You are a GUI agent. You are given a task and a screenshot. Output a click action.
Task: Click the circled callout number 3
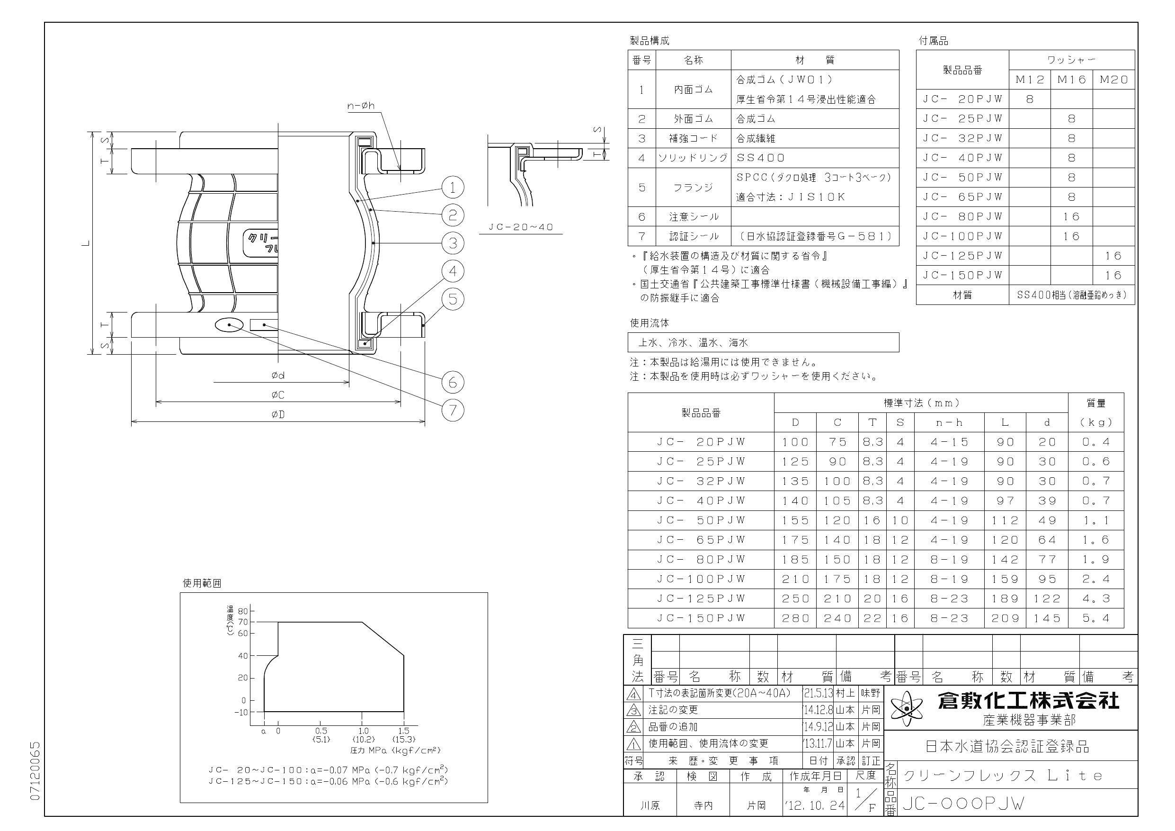click(x=453, y=243)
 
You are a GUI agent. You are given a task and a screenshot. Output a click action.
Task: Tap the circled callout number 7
click(x=453, y=410)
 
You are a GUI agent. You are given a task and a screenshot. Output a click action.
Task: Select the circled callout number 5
click(x=453, y=298)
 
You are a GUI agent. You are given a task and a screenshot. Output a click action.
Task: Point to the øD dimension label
click(x=278, y=414)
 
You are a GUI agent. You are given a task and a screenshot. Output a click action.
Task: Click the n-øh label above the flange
click(x=361, y=106)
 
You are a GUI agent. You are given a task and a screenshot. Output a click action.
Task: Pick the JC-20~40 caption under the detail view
click(x=521, y=227)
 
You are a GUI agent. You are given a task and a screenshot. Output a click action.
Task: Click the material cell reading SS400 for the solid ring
click(x=760, y=158)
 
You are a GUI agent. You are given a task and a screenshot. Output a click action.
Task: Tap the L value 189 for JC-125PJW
click(x=1005, y=599)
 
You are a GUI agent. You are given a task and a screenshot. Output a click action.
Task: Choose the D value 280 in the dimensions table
click(x=795, y=618)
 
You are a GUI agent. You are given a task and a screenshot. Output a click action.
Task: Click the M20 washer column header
click(x=1113, y=80)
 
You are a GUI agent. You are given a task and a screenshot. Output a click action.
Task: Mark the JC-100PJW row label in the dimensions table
click(x=701, y=579)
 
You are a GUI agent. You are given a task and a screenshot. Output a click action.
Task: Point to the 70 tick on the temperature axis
click(x=242, y=622)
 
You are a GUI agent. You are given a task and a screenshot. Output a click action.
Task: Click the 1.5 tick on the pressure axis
click(x=403, y=731)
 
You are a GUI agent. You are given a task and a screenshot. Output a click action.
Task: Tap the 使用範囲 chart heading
click(x=202, y=583)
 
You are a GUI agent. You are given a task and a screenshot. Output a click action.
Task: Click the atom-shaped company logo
click(x=908, y=708)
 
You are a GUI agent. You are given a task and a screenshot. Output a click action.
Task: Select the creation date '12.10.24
click(x=814, y=805)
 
